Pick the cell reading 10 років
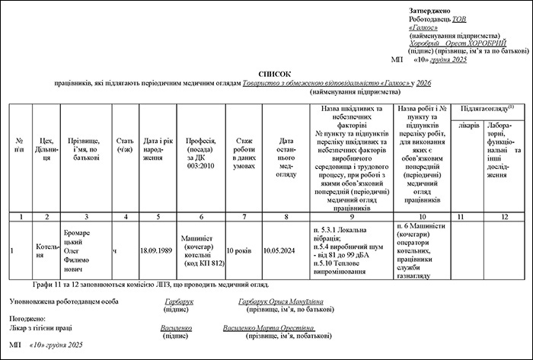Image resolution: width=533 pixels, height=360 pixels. (x=244, y=249)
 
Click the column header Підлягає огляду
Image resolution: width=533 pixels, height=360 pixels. (x=487, y=109)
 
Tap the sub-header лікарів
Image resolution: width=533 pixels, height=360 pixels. (x=469, y=124)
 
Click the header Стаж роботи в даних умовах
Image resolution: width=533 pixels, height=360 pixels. (x=244, y=151)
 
